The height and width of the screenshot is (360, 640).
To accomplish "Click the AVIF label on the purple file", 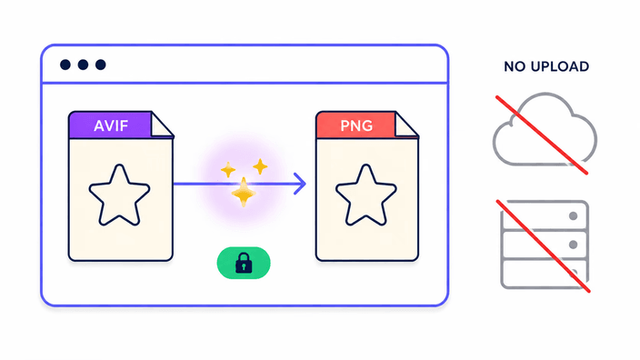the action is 111,125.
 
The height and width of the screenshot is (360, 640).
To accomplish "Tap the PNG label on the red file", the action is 356,125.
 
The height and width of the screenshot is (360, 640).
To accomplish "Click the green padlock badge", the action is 244,263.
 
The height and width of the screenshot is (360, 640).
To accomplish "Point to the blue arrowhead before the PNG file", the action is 302,184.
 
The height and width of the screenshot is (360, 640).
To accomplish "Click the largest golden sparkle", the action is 244,192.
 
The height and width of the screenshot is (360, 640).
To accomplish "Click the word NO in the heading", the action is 515,66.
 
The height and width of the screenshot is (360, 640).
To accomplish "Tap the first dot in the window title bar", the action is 65,65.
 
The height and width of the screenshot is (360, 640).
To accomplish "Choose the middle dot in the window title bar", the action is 83,65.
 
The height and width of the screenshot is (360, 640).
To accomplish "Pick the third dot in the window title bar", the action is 100,65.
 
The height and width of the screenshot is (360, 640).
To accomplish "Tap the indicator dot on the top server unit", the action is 573,216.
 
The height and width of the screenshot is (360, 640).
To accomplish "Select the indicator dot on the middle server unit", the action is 573,245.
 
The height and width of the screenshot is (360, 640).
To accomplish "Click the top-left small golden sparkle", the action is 228,170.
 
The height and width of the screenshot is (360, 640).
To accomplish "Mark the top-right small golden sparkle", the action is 260,166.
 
